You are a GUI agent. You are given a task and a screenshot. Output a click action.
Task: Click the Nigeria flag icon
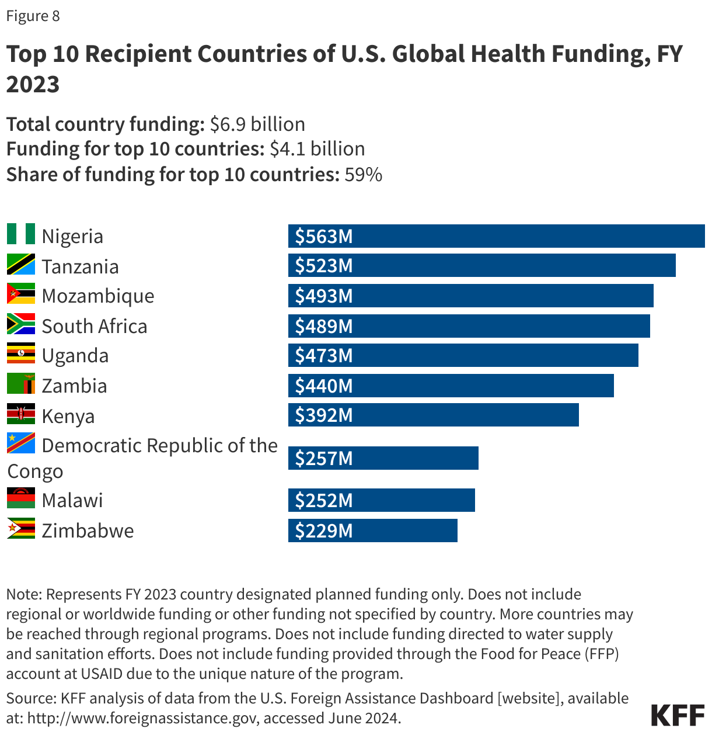click(x=21, y=234)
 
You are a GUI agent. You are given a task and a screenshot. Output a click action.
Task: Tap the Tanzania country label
click(x=80, y=266)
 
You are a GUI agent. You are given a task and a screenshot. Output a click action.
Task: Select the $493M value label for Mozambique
click(x=324, y=296)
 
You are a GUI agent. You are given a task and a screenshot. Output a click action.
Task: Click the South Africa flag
click(x=21, y=324)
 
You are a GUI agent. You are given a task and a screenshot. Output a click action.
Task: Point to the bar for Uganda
click(x=463, y=355)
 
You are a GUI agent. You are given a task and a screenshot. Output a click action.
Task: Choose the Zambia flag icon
click(x=21, y=384)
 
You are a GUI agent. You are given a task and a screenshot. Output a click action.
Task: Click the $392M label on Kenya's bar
click(x=324, y=415)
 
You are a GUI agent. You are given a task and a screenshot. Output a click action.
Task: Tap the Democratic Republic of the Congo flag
click(x=21, y=443)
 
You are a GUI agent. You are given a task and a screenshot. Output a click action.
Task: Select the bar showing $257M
click(x=383, y=458)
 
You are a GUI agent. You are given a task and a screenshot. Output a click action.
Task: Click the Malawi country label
click(x=72, y=500)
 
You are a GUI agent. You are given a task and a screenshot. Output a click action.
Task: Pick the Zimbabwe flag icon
click(x=21, y=529)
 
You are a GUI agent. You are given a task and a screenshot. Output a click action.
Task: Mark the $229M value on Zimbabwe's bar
click(x=324, y=531)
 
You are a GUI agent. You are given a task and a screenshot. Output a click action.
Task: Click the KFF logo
click(x=677, y=715)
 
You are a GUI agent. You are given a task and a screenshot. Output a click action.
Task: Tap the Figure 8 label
click(x=33, y=16)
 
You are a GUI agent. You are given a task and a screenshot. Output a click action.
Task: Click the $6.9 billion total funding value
click(x=257, y=124)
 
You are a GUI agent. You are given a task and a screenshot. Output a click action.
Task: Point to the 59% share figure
click(x=363, y=175)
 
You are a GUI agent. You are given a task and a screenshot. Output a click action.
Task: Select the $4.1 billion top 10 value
click(x=317, y=149)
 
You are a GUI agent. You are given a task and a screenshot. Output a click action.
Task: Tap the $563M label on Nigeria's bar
click(x=324, y=236)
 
